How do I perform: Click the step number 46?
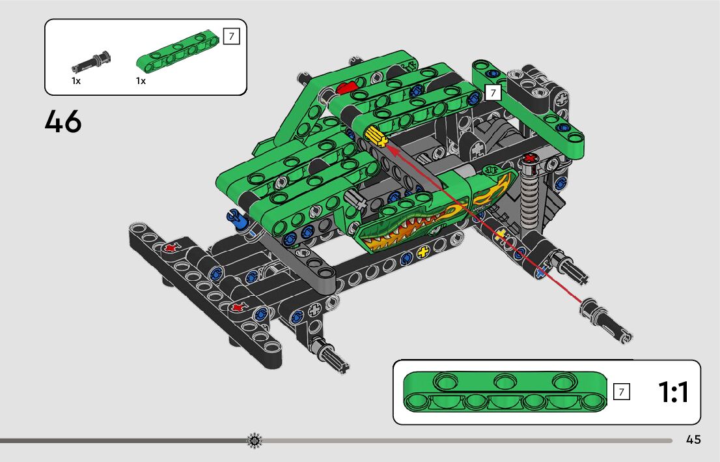pyautogui.click(x=63, y=121)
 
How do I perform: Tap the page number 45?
pyautogui.click(x=693, y=439)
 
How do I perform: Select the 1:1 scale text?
pyautogui.click(x=673, y=392)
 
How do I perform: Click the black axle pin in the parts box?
pyautogui.click(x=91, y=62)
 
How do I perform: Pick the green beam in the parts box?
pyautogui.click(x=178, y=52)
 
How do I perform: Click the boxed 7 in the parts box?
pyautogui.click(x=232, y=36)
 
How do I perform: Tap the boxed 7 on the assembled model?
pyautogui.click(x=493, y=93)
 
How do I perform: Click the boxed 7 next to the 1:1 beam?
pyautogui.click(x=621, y=392)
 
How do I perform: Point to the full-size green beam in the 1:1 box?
pyautogui.click(x=505, y=391)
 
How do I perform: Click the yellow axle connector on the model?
pyautogui.click(x=376, y=137)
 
